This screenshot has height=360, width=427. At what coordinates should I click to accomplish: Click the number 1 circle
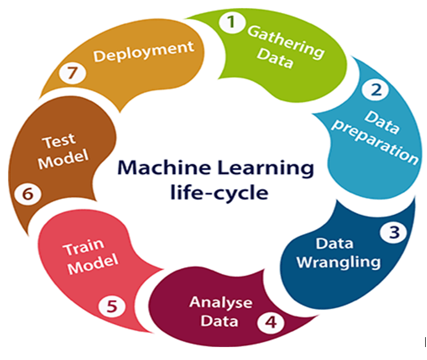click(231, 23)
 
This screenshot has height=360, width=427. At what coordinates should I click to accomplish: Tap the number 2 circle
click(376, 90)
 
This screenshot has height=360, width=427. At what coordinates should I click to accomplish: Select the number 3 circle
click(394, 233)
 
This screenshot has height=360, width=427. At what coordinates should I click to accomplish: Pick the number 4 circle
click(271, 321)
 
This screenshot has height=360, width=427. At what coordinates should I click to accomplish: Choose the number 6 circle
click(27, 194)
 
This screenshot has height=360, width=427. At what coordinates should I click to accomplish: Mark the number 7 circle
click(73, 73)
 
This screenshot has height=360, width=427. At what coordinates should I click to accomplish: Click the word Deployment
click(144, 51)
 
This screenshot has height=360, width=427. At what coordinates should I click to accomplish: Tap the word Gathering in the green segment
click(286, 42)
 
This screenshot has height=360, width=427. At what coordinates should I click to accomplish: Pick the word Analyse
click(221, 303)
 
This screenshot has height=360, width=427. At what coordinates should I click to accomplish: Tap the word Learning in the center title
click(263, 168)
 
